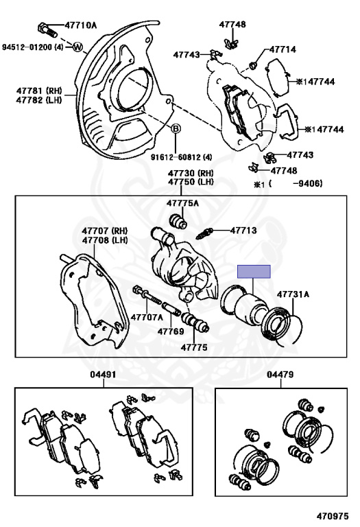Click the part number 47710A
(81, 25)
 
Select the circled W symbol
(77, 47)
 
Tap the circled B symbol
(176, 128)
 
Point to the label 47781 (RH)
(39, 91)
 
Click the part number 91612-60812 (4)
(181, 157)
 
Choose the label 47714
(283, 49)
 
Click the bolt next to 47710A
(47, 30)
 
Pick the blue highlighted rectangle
(254, 272)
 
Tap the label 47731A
(293, 294)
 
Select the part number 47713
(243, 231)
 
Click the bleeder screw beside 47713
(204, 233)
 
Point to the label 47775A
(182, 203)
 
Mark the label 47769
(171, 331)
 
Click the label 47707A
(147, 317)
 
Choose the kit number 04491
(103, 375)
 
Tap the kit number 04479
(280, 375)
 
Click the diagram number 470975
(333, 516)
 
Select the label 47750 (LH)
(191, 182)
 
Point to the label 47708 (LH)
(105, 240)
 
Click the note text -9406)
(308, 183)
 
